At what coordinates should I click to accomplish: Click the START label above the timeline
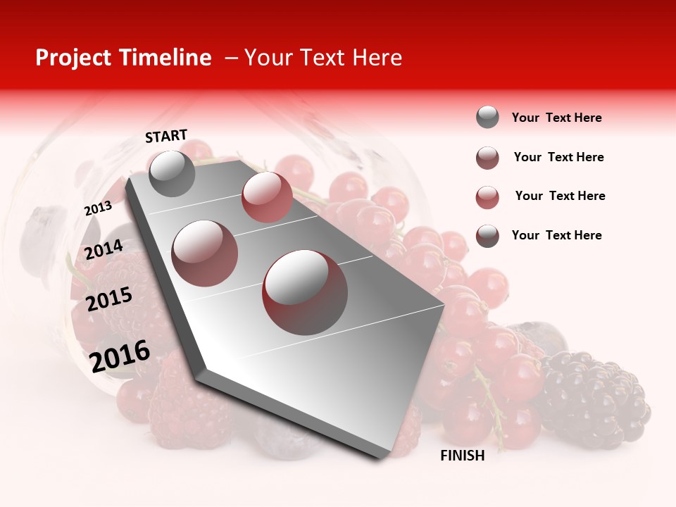click(x=166, y=136)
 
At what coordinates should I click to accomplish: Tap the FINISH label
click(x=463, y=456)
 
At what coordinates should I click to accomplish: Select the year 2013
click(x=98, y=208)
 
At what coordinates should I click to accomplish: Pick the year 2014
click(x=104, y=249)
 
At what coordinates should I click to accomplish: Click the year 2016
click(x=120, y=356)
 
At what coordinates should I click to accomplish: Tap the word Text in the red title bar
click(x=320, y=58)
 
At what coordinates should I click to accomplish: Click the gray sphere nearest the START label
click(x=173, y=173)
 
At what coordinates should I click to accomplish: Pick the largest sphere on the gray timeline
click(x=305, y=292)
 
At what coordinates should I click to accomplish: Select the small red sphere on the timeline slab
click(x=267, y=196)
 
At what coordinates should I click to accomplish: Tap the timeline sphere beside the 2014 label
click(x=205, y=253)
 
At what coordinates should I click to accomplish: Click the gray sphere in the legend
click(x=487, y=117)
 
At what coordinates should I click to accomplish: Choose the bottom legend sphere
click(x=487, y=235)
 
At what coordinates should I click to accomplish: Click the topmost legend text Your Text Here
click(x=556, y=118)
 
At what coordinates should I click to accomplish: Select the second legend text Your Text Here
click(x=558, y=157)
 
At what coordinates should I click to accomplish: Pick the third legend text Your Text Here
click(x=560, y=196)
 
